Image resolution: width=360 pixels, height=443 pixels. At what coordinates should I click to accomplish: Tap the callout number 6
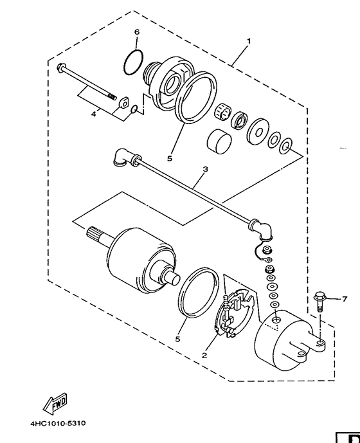coord(136,32)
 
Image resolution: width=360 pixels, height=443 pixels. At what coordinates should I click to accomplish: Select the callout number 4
coord(93,114)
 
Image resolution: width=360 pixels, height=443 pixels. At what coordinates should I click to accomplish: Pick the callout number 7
coord(344,300)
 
